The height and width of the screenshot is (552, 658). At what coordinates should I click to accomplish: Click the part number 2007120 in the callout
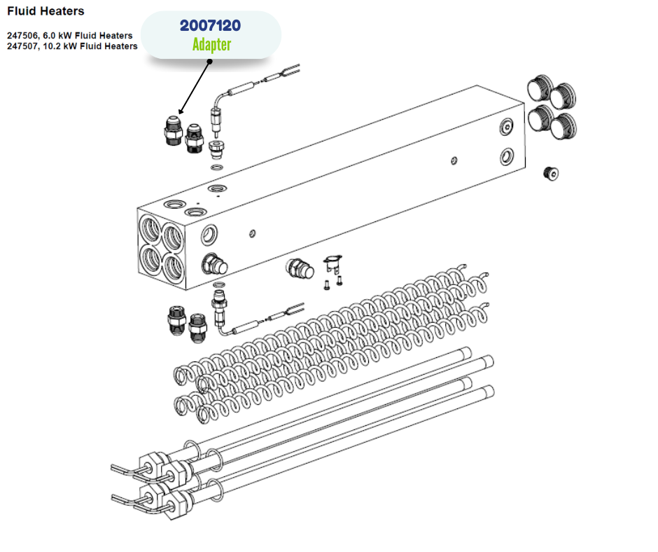210,26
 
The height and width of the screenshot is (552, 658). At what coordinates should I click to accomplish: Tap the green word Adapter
211,45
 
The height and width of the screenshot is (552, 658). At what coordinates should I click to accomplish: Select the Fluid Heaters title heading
45,11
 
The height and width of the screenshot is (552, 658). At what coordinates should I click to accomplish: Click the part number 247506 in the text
22,35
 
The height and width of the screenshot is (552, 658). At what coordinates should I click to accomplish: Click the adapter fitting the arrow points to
172,130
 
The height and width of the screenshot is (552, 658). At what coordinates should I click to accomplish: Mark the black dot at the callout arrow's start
210,62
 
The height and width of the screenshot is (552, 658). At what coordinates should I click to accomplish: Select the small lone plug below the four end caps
551,173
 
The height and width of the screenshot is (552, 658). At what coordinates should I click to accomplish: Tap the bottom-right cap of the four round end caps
563,126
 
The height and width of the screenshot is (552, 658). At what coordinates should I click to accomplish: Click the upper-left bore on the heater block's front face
150,228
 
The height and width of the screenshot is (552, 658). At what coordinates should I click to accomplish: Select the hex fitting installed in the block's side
214,265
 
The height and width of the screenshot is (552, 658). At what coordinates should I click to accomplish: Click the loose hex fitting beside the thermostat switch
300,269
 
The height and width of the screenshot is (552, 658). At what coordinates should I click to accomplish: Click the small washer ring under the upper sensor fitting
217,167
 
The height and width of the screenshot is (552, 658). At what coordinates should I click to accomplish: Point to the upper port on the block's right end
507,127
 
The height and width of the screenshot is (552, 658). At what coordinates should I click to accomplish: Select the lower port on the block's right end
507,157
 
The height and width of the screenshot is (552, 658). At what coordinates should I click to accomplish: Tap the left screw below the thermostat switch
327,285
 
